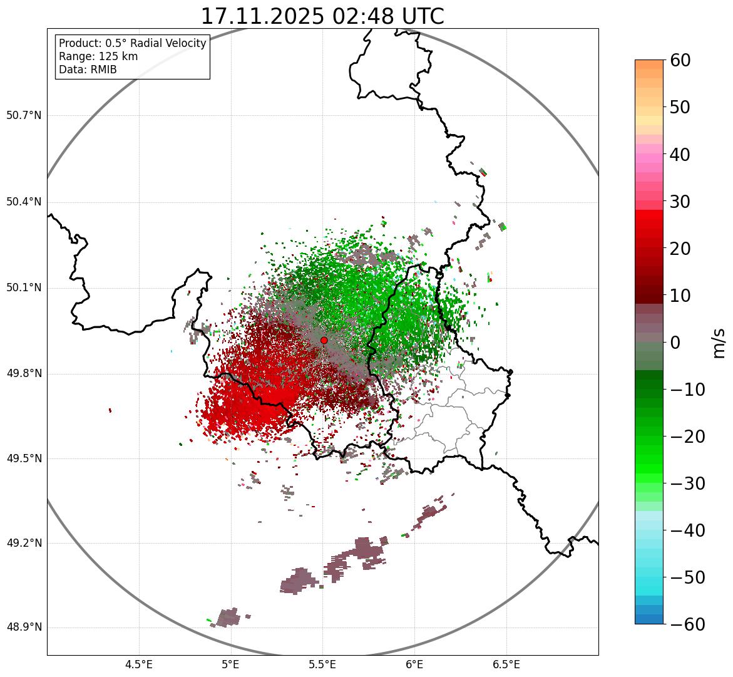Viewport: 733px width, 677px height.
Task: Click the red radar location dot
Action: pos(324,340)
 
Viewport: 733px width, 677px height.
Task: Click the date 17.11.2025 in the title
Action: pos(263,16)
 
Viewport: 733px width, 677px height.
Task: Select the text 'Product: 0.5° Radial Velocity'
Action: pos(132,43)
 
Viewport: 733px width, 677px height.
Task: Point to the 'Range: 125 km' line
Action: pos(98,56)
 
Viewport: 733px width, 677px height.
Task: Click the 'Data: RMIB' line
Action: pos(88,70)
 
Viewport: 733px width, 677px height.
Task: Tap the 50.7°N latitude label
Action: pos(24,116)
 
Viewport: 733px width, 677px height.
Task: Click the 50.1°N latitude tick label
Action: pos(24,288)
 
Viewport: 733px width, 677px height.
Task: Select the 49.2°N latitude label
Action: pos(24,543)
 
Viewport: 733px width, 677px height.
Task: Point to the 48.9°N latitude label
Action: pos(24,628)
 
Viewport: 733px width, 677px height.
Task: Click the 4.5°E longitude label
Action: pos(139,664)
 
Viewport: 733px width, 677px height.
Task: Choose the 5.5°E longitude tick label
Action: pos(322,664)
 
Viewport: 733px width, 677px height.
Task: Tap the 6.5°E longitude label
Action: pos(506,664)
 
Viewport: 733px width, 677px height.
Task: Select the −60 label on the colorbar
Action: pos(687,624)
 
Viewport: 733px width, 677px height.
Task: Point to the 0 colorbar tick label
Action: pos(675,343)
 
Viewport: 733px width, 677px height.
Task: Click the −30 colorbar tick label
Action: pos(687,483)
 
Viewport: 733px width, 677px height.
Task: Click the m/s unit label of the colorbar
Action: pos(719,343)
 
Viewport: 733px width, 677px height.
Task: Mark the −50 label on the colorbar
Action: pos(687,577)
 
